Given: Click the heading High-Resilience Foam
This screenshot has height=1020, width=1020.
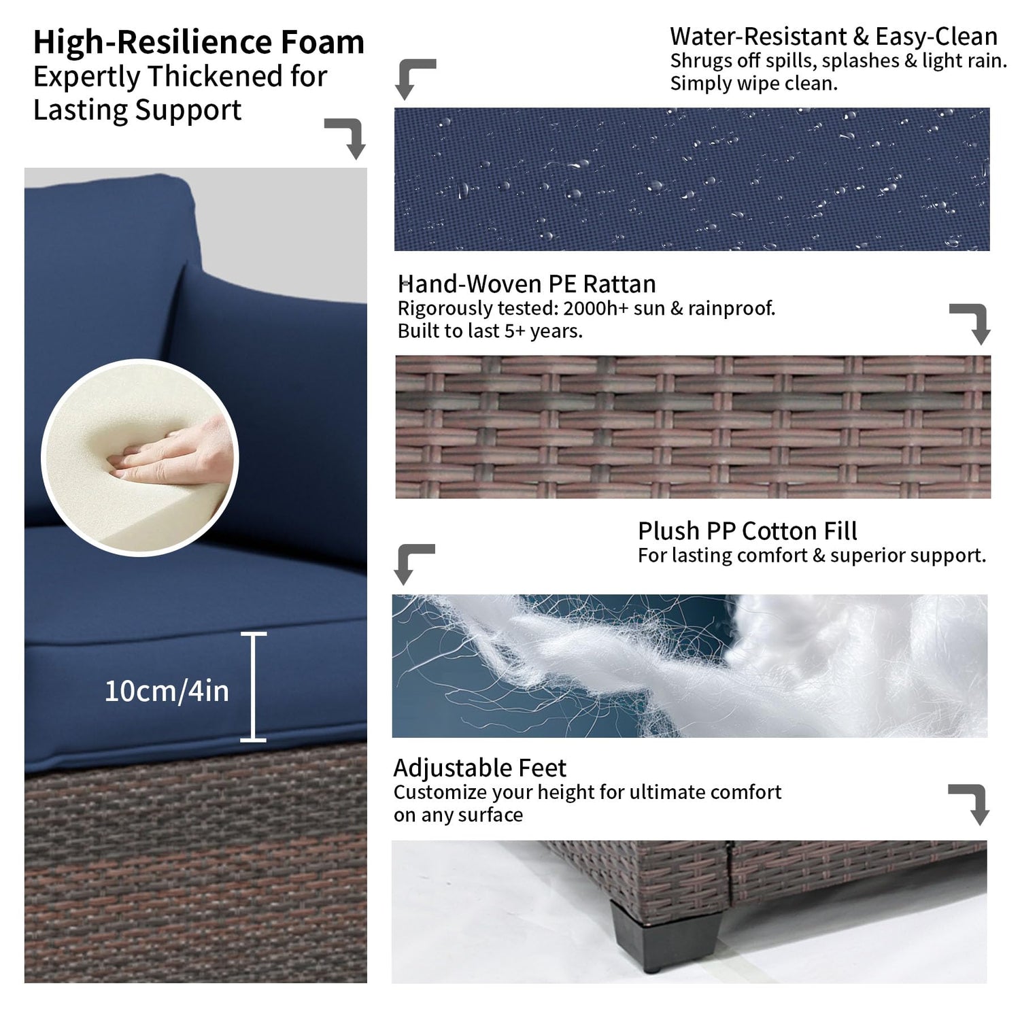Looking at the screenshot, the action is (199, 42).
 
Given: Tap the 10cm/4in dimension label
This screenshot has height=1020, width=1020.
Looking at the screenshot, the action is (167, 691).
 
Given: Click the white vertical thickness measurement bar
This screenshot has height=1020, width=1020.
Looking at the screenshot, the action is (253, 687).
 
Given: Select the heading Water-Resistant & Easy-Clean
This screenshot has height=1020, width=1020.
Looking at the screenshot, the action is (834, 36).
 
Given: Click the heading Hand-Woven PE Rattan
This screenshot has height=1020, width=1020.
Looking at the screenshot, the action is (527, 284).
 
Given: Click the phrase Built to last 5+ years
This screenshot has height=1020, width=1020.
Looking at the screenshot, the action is (490, 331).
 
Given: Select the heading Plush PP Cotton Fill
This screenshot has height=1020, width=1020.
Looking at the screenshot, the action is (747, 530).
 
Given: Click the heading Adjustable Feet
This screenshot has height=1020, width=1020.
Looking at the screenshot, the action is (479, 768).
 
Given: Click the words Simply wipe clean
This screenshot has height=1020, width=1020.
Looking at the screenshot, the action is (754, 84).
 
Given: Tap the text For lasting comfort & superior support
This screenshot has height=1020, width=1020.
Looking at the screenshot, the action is (812, 556).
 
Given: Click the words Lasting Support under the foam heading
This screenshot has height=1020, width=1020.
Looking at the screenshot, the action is (137, 110).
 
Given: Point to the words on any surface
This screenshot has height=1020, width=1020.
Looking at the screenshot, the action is (458, 815).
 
